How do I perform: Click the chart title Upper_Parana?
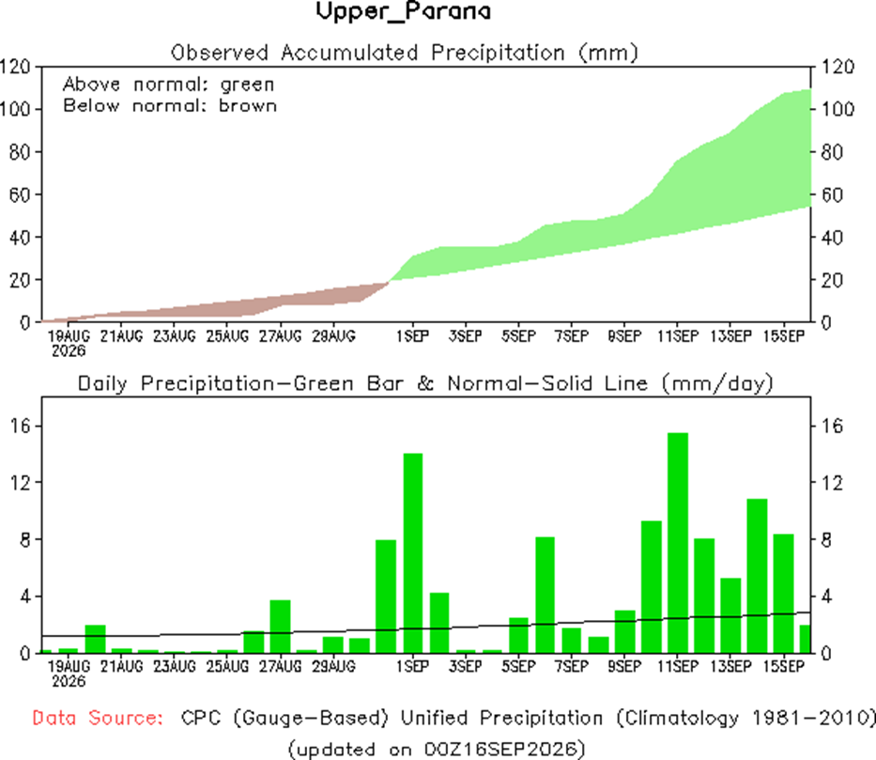coord(404,11)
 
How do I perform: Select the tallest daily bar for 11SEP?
coord(678,543)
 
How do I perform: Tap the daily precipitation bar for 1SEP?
coord(413,553)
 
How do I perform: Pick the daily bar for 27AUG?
coord(281,627)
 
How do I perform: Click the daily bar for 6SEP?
coord(545,596)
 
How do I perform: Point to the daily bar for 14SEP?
coord(757,576)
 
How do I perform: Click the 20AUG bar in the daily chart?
coord(95,639)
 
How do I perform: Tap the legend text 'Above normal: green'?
coord(168,85)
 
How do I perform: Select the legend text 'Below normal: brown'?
coord(169,105)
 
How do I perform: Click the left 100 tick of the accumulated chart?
coord(14,109)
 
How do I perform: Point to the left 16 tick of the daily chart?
coord(20,427)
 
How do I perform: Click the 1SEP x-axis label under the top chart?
coord(413,336)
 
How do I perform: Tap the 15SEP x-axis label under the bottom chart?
coord(784,666)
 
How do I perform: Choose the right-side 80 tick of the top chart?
coord(832,152)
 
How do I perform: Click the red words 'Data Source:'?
coord(98,718)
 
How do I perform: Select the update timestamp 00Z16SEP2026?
coord(500,749)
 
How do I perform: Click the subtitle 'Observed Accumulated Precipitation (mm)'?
coord(405,54)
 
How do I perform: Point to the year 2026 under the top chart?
coord(69,351)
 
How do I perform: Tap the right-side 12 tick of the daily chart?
coord(832,483)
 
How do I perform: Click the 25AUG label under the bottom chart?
coord(227,666)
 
